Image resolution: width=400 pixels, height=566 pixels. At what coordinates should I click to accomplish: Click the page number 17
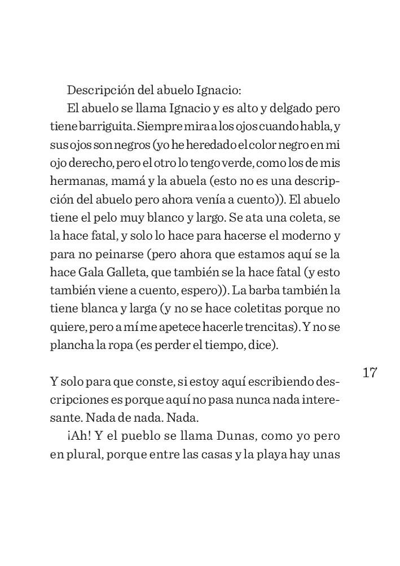coord(370,373)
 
